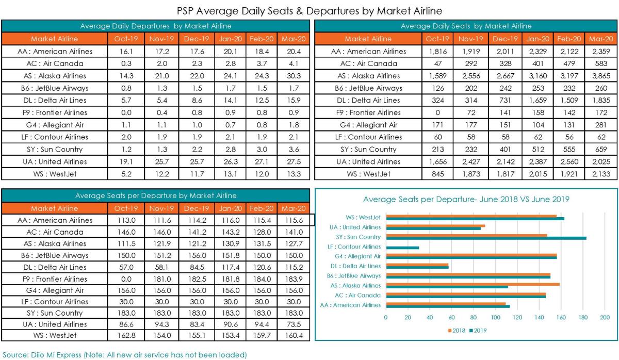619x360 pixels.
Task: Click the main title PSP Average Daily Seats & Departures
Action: tap(309, 11)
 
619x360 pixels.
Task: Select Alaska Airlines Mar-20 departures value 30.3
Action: tap(294, 76)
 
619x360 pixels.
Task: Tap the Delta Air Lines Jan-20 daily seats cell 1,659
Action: tap(537, 100)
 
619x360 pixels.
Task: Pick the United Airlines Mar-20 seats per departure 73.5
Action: tap(294, 324)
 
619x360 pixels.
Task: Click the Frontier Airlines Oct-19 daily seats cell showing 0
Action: tap(437, 113)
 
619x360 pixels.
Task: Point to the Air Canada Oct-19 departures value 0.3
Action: tap(126, 63)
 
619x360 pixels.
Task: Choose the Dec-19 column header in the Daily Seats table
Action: tap(505, 39)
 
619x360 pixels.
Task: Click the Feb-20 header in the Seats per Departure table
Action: tap(262, 208)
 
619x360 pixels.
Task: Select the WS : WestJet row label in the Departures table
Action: tap(55, 174)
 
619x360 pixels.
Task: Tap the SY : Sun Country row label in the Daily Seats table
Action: tap(368, 150)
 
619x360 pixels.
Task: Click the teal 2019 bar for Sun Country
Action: tap(486, 238)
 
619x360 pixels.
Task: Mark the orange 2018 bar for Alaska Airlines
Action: tap(473, 284)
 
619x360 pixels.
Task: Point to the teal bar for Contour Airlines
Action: tap(403, 248)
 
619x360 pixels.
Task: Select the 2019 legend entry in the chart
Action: tap(478, 331)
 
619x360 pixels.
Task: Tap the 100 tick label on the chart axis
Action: tap(495, 318)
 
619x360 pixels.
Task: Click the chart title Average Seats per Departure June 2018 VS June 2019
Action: tap(466, 199)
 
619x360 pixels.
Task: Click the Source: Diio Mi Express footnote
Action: tap(125, 355)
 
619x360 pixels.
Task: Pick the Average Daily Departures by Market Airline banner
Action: tap(156, 26)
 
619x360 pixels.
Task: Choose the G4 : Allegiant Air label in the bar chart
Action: tap(357, 256)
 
